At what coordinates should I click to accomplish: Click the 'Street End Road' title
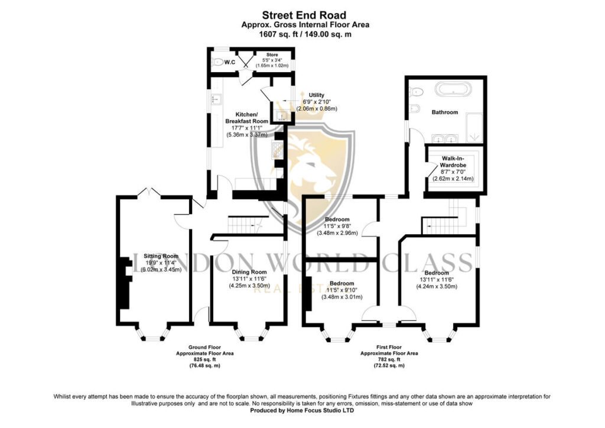[304, 15]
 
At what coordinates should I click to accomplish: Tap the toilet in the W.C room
[218, 61]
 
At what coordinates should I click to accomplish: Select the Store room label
[272, 55]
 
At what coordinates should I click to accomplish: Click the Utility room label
[317, 95]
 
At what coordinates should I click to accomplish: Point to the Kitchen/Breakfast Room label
[246, 118]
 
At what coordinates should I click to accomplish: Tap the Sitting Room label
[161, 256]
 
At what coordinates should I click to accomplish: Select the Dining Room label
[249, 272]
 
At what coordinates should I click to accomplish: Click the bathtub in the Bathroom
[453, 89]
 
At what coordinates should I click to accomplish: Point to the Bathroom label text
[445, 112]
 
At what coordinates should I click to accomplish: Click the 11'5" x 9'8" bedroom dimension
[337, 226]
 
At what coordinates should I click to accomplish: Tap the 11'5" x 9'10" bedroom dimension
[342, 290]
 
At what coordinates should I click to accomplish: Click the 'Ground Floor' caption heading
[204, 348]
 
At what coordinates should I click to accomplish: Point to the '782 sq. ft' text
[389, 359]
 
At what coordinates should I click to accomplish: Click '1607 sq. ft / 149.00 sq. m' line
[305, 34]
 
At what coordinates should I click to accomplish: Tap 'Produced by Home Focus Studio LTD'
[302, 411]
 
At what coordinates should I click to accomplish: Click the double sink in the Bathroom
[445, 138]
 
